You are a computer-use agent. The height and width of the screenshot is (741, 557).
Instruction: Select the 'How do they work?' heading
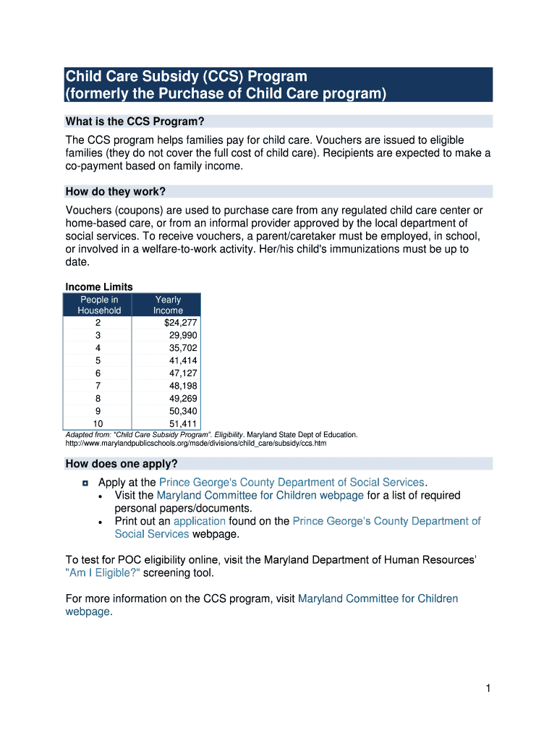(116, 192)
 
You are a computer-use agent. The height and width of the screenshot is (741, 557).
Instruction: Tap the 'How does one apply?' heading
(122, 463)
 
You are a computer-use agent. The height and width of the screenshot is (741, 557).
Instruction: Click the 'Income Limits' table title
(99, 287)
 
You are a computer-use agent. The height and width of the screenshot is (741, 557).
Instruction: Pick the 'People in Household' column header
(99, 305)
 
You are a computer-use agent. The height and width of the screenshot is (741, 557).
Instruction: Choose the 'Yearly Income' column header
(168, 305)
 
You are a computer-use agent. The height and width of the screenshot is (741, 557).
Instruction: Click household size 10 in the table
(98, 423)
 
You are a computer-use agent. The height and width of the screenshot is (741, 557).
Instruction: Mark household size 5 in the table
(98, 360)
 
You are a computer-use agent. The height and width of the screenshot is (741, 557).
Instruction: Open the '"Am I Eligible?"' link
(103, 573)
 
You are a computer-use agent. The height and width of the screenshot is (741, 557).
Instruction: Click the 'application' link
(200, 521)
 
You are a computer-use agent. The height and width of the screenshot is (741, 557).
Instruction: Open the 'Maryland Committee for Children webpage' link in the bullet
(260, 496)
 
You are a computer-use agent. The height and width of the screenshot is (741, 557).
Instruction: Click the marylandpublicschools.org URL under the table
(195, 443)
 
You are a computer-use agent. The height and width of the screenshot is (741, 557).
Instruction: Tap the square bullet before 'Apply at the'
(85, 483)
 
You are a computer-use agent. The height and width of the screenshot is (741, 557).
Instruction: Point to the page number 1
(488, 689)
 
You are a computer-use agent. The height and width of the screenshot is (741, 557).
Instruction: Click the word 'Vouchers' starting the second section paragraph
(88, 211)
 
